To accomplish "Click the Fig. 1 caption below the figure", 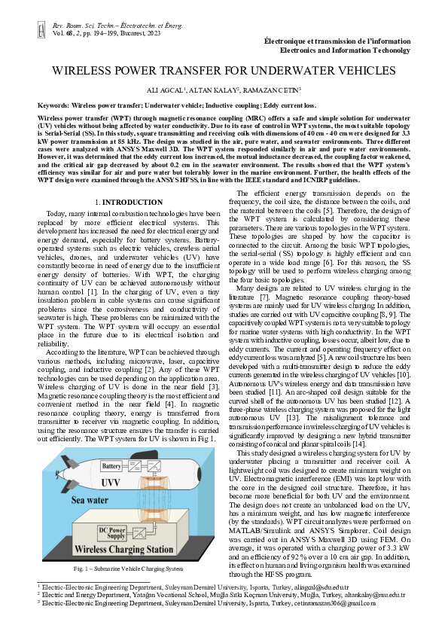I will [127, 568].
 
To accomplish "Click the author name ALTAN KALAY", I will [219, 90].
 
